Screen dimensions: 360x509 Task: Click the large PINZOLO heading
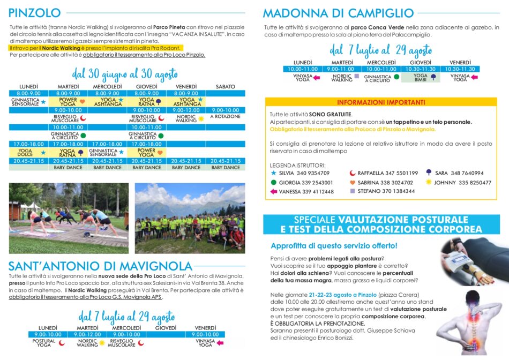tap(35, 13)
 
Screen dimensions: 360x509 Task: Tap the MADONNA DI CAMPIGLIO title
tap(338, 13)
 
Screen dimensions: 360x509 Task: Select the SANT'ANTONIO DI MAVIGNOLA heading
tap(100, 266)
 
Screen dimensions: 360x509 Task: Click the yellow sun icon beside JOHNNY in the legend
tap(428, 182)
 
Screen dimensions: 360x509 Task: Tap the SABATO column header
tap(225, 87)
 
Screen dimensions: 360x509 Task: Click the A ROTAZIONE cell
tap(225, 117)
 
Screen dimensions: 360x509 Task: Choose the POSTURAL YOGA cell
tap(44, 343)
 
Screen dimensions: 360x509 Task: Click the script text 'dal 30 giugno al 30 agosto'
tap(124, 74)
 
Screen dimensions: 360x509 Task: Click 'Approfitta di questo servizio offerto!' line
tap(334, 246)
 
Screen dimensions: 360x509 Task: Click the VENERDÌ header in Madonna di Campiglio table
tap(460, 63)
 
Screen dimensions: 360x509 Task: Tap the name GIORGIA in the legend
tap(290, 183)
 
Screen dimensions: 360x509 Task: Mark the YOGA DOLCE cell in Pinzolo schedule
tap(25, 153)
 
